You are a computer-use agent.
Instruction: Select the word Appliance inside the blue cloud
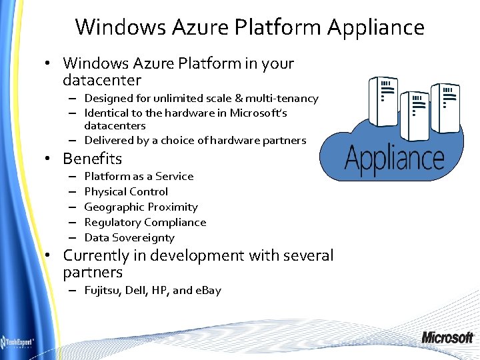[x=395, y=159]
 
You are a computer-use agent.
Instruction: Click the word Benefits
[x=92, y=159]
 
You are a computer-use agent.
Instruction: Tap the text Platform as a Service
[x=139, y=177]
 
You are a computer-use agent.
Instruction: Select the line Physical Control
[x=126, y=192]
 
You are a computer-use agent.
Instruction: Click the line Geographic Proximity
[x=141, y=207]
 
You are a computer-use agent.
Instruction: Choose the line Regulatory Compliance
[x=145, y=223]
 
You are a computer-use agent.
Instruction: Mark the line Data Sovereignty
[x=129, y=238]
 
